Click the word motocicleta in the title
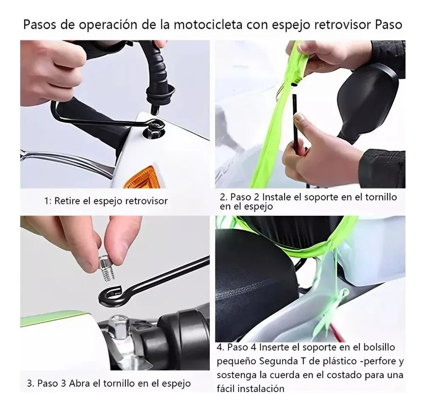coord(209,24)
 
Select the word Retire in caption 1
coord(67,201)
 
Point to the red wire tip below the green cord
coord(339,330)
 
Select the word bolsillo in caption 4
coord(378,347)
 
